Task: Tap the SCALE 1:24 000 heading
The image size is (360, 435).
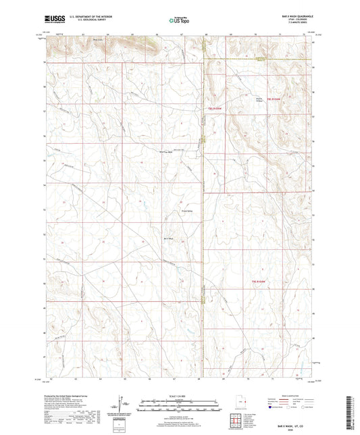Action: (x=180, y=396)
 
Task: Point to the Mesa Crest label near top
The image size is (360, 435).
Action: (x=99, y=39)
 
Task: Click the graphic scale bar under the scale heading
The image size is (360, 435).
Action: (x=180, y=406)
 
